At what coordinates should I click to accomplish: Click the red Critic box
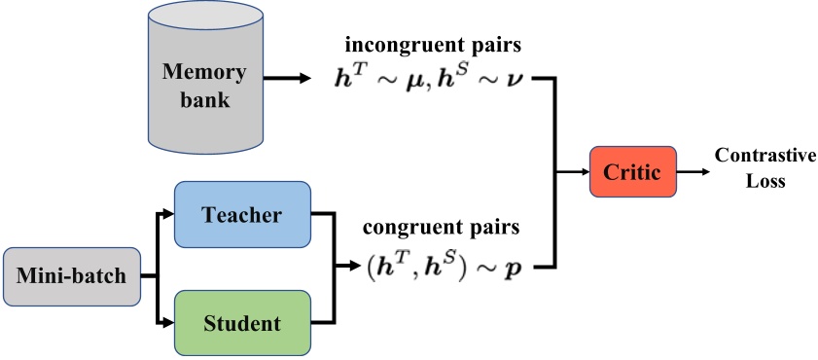[x=632, y=172]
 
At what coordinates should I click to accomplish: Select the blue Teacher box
[x=242, y=213]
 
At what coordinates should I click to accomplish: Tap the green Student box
[x=242, y=322]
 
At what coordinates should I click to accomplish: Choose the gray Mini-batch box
[x=71, y=275]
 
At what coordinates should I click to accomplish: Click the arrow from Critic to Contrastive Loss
[x=692, y=172]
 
